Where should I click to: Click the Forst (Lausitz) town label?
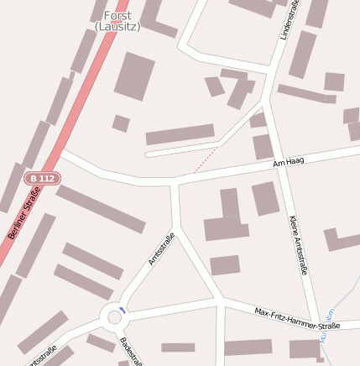tap(117, 21)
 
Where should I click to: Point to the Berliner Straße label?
tap(25, 213)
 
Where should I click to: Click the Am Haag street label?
tap(288, 162)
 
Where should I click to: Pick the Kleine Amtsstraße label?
tap(298, 244)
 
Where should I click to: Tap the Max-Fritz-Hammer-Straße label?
tap(297, 319)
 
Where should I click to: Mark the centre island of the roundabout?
tap(114, 317)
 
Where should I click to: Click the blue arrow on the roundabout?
tap(123, 311)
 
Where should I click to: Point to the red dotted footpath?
tap(206, 160)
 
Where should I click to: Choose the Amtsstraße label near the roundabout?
tap(160, 248)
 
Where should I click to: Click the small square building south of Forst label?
tap(121, 123)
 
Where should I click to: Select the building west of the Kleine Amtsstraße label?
tap(265, 198)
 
